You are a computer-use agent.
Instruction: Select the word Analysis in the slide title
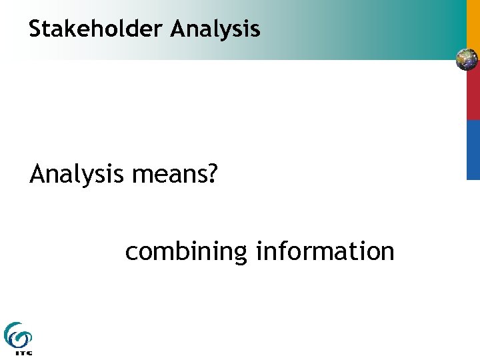click(215, 29)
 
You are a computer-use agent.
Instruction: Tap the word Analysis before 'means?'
click(77, 175)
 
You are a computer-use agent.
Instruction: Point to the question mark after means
click(212, 175)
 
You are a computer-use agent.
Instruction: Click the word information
click(325, 251)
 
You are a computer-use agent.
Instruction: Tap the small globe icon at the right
click(467, 60)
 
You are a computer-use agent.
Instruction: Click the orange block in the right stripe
click(473, 24)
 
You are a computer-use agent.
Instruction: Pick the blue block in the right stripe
click(473, 150)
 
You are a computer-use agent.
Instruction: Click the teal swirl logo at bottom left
click(17, 334)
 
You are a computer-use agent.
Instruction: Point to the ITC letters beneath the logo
click(23, 353)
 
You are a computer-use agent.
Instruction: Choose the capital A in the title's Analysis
click(177, 29)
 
